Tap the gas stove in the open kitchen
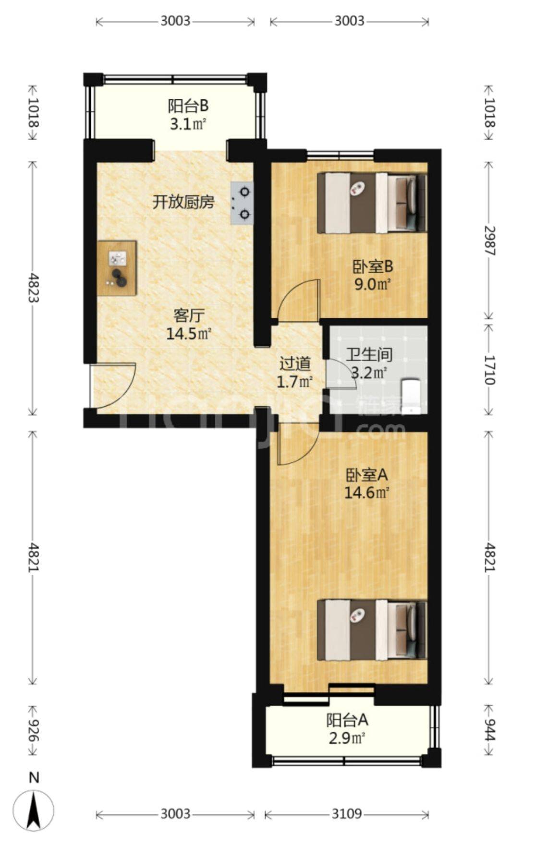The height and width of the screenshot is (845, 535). click(242, 203)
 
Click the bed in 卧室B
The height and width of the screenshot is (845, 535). click(372, 203)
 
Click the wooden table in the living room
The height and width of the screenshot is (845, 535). click(117, 268)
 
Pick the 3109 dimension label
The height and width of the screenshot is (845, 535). click(347, 814)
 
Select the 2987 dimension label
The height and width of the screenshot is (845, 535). click(488, 240)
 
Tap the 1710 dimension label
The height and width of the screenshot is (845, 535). click(488, 369)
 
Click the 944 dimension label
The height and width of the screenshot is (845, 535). click(488, 730)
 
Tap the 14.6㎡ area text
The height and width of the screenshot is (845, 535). click(366, 493)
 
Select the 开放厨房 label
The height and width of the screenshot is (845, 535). click(183, 202)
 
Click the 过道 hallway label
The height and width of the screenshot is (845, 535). click(295, 364)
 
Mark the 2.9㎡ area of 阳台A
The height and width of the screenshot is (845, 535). click(347, 737)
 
